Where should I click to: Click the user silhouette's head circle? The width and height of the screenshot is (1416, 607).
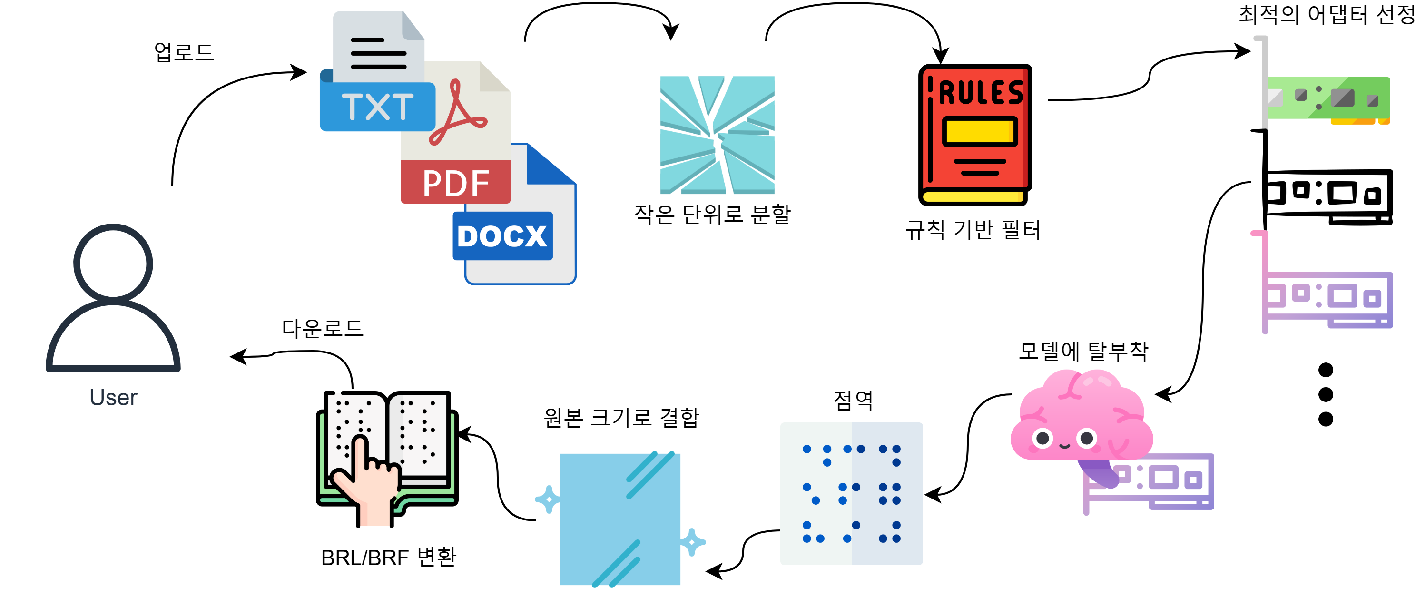tap(113, 263)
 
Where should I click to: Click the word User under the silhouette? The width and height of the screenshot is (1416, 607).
tap(113, 397)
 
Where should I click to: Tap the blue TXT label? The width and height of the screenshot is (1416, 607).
tap(377, 106)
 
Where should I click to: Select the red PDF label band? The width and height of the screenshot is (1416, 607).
tap(455, 182)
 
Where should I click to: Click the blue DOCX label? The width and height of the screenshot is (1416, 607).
tap(502, 236)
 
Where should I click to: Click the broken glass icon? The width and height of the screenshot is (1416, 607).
tap(718, 135)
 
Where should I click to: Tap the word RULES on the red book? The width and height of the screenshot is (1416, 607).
tap(981, 92)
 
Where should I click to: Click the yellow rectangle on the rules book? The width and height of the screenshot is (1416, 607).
tap(980, 131)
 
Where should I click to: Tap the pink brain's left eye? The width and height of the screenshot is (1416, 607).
tap(1042, 438)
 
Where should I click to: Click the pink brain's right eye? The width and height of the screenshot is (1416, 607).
tap(1087, 438)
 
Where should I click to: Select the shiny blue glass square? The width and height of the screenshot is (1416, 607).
tap(620, 519)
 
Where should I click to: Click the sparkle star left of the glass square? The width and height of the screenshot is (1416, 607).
tap(548, 499)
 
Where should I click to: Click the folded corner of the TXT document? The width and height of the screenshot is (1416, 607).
tap(412, 25)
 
